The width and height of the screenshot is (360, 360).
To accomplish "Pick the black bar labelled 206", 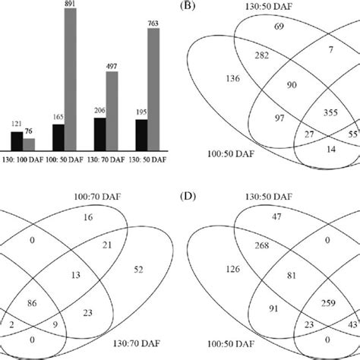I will coord(98,138).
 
